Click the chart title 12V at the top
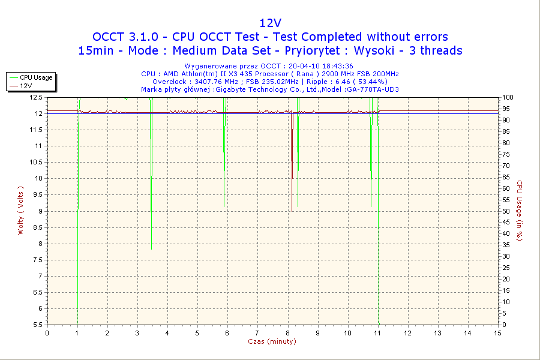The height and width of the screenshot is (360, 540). (x=270, y=23)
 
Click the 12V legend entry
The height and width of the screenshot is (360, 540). (x=26, y=86)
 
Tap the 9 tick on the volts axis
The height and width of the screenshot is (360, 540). (x=40, y=211)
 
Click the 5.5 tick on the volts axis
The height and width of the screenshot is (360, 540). (x=37, y=325)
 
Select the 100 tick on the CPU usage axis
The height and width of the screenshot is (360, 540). (x=508, y=97)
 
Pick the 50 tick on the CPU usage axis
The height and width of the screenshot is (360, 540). (x=506, y=211)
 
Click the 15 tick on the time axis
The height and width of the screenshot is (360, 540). (x=497, y=333)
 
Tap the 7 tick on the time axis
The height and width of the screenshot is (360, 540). (x=257, y=333)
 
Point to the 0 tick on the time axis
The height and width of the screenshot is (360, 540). (x=47, y=333)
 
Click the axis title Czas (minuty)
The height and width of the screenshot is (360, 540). (x=272, y=341)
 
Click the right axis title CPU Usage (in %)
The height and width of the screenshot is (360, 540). (x=520, y=211)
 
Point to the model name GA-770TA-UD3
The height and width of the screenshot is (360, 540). (x=373, y=89)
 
